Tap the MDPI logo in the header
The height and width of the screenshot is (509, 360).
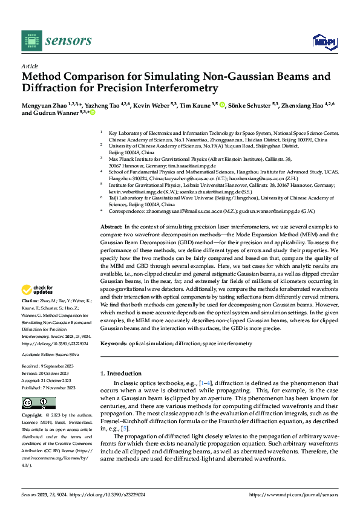pyautogui.click(x=321, y=41)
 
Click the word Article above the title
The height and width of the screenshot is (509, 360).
pyautogui.click(x=30, y=66)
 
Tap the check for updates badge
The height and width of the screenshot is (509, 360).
pyautogui.click(x=38, y=290)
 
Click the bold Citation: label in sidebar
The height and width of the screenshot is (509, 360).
pyautogui.click(x=31, y=300)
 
